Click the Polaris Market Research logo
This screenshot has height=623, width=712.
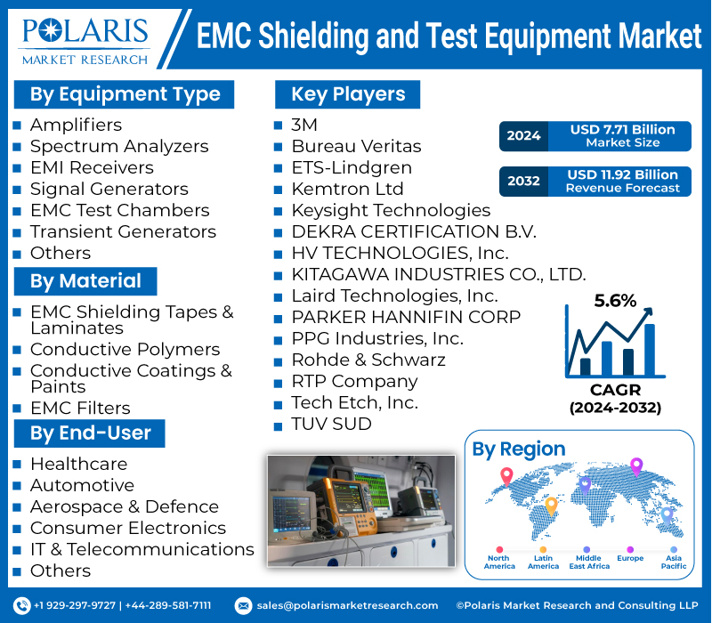coord(85,38)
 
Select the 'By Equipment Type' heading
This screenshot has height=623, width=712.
coord(125,94)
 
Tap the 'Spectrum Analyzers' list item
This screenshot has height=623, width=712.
coord(119,146)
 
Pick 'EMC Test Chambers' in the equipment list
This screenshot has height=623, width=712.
coord(119,210)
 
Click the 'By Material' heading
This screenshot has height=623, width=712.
coord(85,281)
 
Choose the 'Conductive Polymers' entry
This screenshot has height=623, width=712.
coord(125,350)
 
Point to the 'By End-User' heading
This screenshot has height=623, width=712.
coord(91,433)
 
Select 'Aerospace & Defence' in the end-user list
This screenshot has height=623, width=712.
coord(124,506)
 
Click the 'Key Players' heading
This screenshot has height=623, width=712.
coord(347,94)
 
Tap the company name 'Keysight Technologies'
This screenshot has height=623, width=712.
coord(391,210)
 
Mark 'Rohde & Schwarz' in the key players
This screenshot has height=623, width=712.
coord(368,360)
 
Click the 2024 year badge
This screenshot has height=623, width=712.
coord(523,136)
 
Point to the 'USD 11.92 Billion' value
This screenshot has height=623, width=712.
coord(622,174)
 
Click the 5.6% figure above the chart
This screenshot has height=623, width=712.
coord(615,301)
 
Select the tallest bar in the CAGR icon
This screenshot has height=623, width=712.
coord(649,350)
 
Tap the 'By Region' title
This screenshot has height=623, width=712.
coord(518,449)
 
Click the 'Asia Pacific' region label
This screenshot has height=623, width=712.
coord(673,562)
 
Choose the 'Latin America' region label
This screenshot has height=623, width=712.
coord(543,562)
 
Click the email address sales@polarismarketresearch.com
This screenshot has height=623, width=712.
coord(347,605)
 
